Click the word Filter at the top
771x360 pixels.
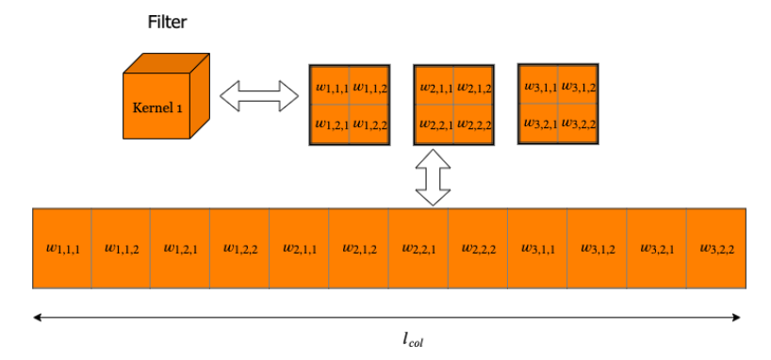point(166,22)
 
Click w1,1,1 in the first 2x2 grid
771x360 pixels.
point(332,88)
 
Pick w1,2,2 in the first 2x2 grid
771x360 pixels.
point(369,123)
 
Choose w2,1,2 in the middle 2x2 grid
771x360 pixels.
point(473,88)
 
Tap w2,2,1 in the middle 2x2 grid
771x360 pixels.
point(435,123)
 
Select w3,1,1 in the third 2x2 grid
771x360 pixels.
point(539,87)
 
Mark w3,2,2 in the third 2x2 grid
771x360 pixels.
point(577,123)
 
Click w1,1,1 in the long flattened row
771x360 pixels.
point(63,249)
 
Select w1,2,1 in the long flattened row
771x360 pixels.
point(181,249)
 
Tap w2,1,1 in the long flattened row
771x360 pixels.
point(300,249)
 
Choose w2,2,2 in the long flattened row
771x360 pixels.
point(478,249)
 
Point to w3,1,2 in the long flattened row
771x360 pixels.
point(597,249)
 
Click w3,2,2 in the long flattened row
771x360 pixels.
point(716,249)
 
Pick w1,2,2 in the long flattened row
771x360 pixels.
point(240,249)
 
